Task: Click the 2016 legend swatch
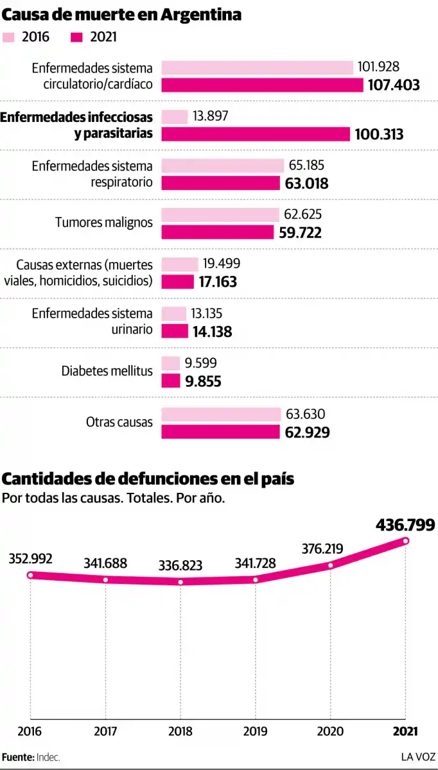coord(10,37)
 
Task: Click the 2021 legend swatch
coord(77,37)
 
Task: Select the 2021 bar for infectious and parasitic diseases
coord(256,134)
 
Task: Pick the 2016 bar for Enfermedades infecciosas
coord(174,117)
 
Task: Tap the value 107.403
coord(393,85)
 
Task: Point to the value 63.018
coord(306,184)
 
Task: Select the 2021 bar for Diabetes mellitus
coord(171,381)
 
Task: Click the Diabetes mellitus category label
coord(107,371)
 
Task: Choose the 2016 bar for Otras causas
coord(221,415)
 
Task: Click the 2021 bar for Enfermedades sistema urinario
coord(175,331)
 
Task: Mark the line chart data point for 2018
coord(180,582)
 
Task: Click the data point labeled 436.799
coord(406,541)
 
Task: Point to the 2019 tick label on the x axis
coord(256,732)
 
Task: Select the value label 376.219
coord(321,549)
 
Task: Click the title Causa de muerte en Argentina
coord(122,14)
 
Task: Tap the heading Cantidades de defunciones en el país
coord(148,479)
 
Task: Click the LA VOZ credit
coord(418,757)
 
